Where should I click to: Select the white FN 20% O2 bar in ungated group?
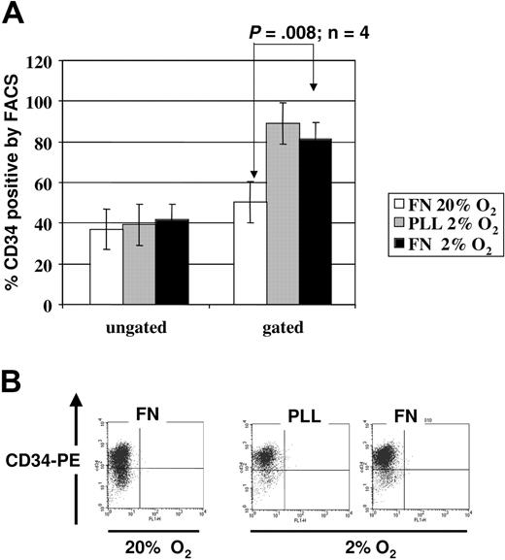point(106,267)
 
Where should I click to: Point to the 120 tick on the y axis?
point(42,60)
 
